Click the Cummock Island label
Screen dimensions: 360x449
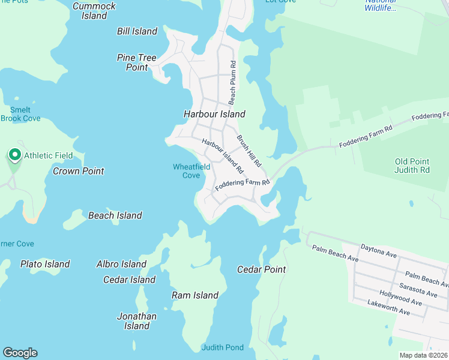pos(94,11)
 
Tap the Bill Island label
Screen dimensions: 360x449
pos(137,31)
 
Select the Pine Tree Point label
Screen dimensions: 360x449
pos(137,62)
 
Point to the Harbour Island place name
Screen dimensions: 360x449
pos(214,114)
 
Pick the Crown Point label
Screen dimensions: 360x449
pos(79,171)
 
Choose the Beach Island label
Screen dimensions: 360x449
pos(115,215)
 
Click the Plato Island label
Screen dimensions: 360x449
pos(45,264)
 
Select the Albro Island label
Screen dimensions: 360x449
pos(121,264)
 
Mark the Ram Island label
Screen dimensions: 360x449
pos(195,295)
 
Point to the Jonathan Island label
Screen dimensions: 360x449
pos(136,321)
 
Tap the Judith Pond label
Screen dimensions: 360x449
pos(223,347)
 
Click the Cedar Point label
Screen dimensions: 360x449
pos(262,269)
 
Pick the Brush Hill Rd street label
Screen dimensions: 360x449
pos(249,151)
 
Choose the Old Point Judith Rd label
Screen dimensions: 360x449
pos(412,166)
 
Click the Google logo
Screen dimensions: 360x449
pos(20,353)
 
